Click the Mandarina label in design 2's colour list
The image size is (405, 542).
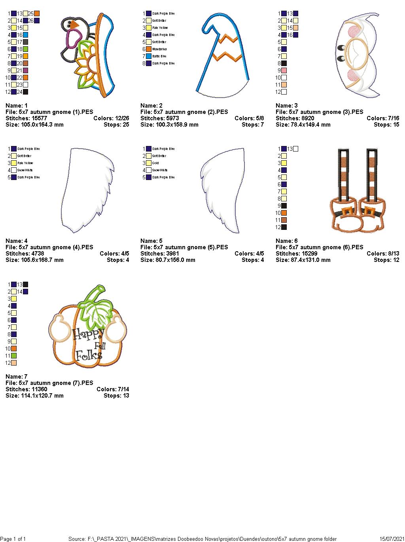[159, 49]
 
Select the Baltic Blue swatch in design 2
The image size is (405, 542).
[149, 56]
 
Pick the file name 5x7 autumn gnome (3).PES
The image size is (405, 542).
[319, 112]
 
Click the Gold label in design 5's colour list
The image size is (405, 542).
[155, 163]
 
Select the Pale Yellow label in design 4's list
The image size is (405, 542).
[25, 163]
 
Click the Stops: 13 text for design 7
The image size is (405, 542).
[116, 396]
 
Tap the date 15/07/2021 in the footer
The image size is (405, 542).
[392, 539]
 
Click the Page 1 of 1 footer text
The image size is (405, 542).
[13, 539]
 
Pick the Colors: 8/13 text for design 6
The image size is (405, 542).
[383, 254]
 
